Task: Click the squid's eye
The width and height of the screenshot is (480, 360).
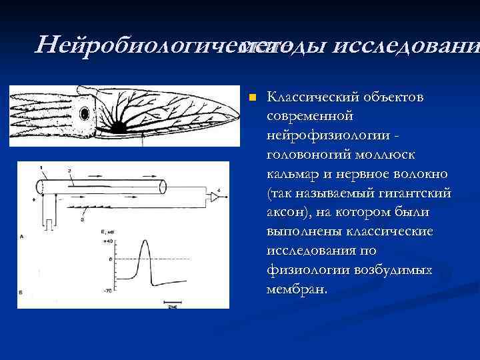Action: coord(83,115)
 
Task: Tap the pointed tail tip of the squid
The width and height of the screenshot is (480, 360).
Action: coord(239,119)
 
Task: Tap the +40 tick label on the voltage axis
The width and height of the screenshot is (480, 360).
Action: coord(107,241)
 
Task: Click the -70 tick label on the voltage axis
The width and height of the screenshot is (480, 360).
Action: coord(107,291)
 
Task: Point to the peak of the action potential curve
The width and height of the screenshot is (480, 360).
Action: coord(143,241)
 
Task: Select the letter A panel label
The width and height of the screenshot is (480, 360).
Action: coord(23,236)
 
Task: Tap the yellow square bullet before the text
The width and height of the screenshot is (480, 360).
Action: coord(252,98)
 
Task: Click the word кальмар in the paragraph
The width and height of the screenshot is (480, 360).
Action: coord(289,174)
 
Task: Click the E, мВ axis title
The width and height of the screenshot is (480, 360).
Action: coord(108,232)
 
